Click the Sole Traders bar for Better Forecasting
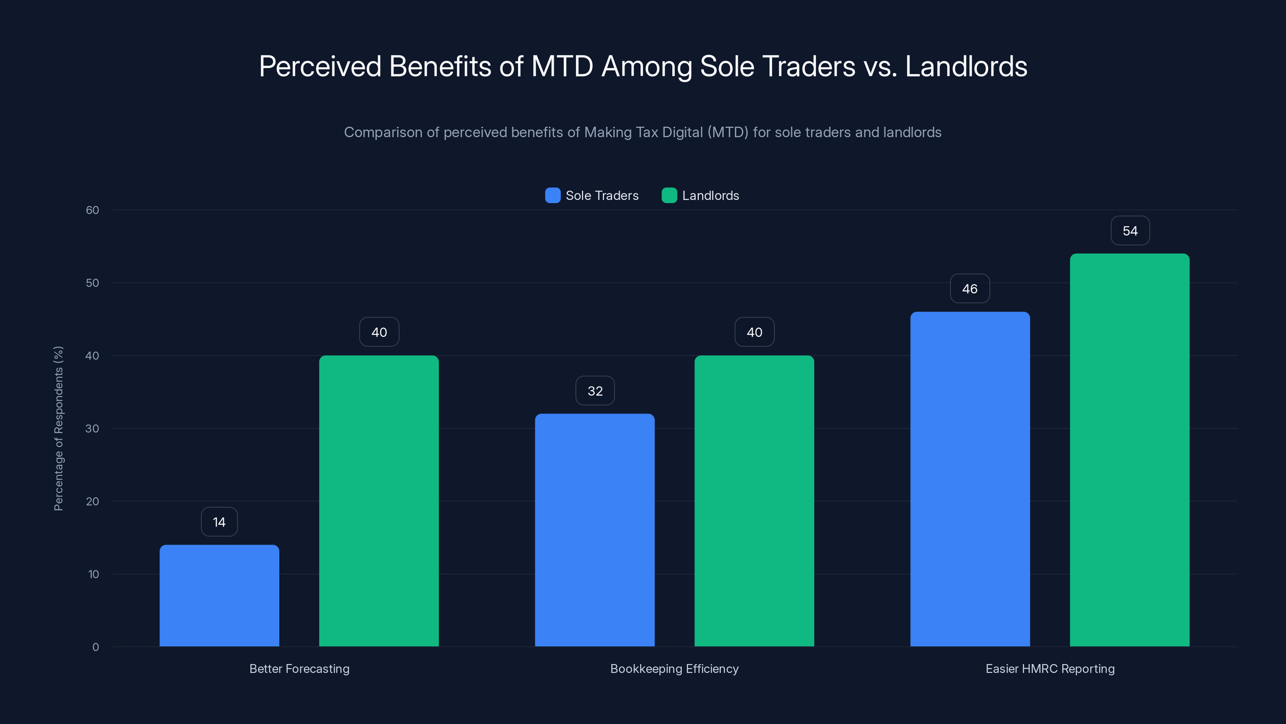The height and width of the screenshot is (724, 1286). (219, 596)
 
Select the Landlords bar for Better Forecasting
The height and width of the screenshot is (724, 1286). (379, 501)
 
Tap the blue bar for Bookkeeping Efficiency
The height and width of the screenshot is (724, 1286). (595, 530)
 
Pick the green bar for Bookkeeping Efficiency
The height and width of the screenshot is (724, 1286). (754, 501)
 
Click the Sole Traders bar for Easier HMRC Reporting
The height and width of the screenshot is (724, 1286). (970, 479)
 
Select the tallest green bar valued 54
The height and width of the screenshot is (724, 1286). (1130, 450)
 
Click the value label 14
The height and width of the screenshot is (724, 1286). (219, 522)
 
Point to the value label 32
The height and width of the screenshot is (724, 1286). (595, 391)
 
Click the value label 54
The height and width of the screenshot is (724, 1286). (1130, 231)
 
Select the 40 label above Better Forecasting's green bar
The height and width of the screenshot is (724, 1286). (379, 332)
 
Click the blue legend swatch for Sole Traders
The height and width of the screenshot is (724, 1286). (553, 195)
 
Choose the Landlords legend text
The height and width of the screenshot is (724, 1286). (711, 195)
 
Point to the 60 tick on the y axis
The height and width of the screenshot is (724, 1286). (92, 210)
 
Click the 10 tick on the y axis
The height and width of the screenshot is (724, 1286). (93, 574)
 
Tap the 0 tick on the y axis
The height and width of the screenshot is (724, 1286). (95, 647)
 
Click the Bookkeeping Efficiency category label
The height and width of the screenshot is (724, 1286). (674, 668)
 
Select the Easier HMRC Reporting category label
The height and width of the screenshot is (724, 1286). (1050, 668)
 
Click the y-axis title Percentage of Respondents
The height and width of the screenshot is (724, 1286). (58, 428)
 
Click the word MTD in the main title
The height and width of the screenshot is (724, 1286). (562, 66)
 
